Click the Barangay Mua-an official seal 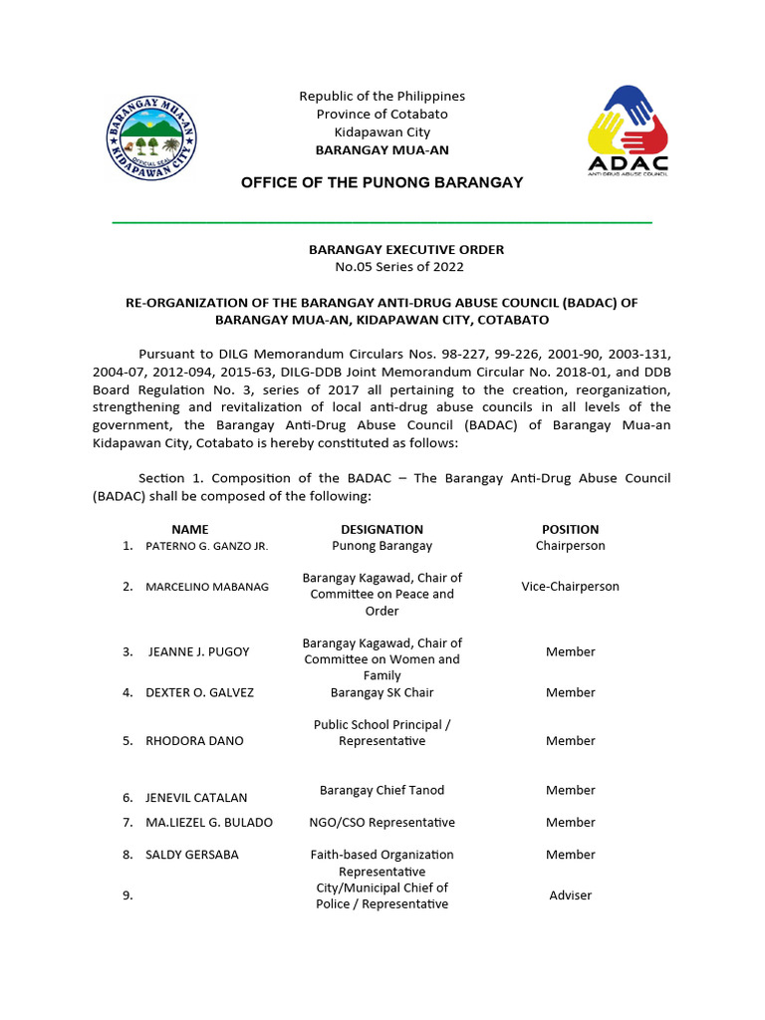tap(151, 138)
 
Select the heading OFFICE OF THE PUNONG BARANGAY tap(382, 182)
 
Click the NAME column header tap(189, 529)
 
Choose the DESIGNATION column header tap(382, 529)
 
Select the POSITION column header tap(570, 529)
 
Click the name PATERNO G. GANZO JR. tap(206, 546)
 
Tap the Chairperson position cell tap(570, 546)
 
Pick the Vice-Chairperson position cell tap(570, 587)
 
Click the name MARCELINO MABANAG tap(206, 587)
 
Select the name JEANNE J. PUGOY tap(198, 651)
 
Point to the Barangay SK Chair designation tap(382, 692)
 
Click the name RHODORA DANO tap(194, 741)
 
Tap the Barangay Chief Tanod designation tap(382, 790)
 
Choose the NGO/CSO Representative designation tap(382, 823)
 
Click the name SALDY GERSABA tap(192, 855)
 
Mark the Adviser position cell tap(570, 895)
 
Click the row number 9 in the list tap(127, 895)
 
